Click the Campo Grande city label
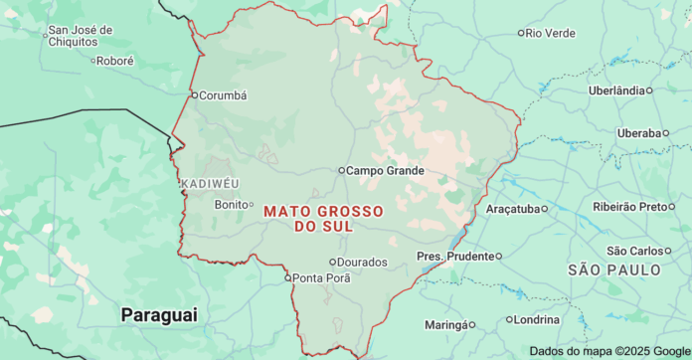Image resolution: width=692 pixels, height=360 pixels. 385,170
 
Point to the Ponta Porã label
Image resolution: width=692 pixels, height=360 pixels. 322,277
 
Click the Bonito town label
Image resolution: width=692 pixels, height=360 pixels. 231,204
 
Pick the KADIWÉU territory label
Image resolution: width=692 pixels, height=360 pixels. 210,184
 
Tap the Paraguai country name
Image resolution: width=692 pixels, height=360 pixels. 159,314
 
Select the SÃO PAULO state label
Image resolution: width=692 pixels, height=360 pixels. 614,270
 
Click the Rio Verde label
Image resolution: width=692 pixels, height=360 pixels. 550,33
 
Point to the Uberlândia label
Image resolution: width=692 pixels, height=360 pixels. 616,90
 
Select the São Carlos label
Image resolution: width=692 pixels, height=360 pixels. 633,251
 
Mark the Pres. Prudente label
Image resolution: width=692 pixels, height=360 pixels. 455,257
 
